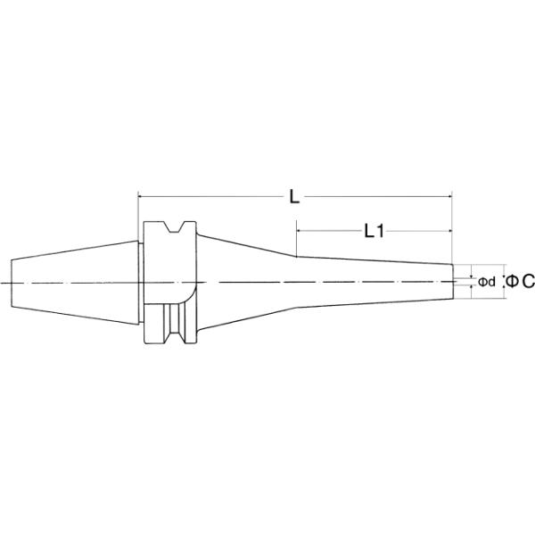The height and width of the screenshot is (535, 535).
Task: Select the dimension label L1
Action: [374, 231]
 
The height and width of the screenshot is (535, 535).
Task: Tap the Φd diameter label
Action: [486, 282]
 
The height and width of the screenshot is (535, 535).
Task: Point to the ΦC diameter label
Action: [520, 282]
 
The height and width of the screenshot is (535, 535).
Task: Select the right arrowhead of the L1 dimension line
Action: [450, 231]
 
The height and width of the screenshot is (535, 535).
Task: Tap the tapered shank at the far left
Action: [71, 282]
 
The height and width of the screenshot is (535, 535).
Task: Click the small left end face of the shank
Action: [12, 282]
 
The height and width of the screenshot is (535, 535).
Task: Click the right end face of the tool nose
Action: [453, 282]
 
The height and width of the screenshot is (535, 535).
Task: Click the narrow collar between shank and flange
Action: [139, 282]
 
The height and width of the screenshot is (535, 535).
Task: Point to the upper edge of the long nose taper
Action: [374, 260]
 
